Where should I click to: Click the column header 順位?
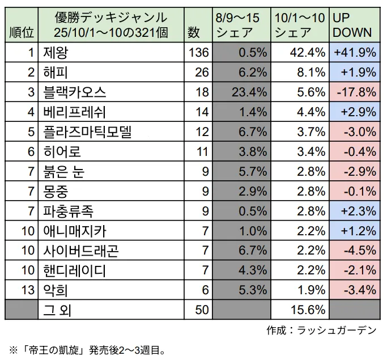pyautogui.click(x=21, y=33)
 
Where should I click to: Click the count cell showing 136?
pyautogui.click(x=199, y=53)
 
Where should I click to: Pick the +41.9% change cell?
pyautogui.click(x=355, y=53)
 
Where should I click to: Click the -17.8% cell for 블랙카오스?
pyautogui.click(x=355, y=92)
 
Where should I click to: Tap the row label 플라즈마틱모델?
pyautogui.click(x=87, y=132)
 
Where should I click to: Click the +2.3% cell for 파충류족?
pyautogui.click(x=355, y=211)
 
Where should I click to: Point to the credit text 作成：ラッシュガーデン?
pyautogui.click(x=321, y=329)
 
